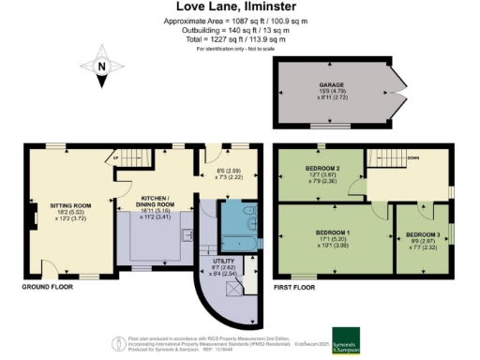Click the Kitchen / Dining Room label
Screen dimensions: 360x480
coord(154,204)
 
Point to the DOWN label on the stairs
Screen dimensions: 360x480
coord(412,157)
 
